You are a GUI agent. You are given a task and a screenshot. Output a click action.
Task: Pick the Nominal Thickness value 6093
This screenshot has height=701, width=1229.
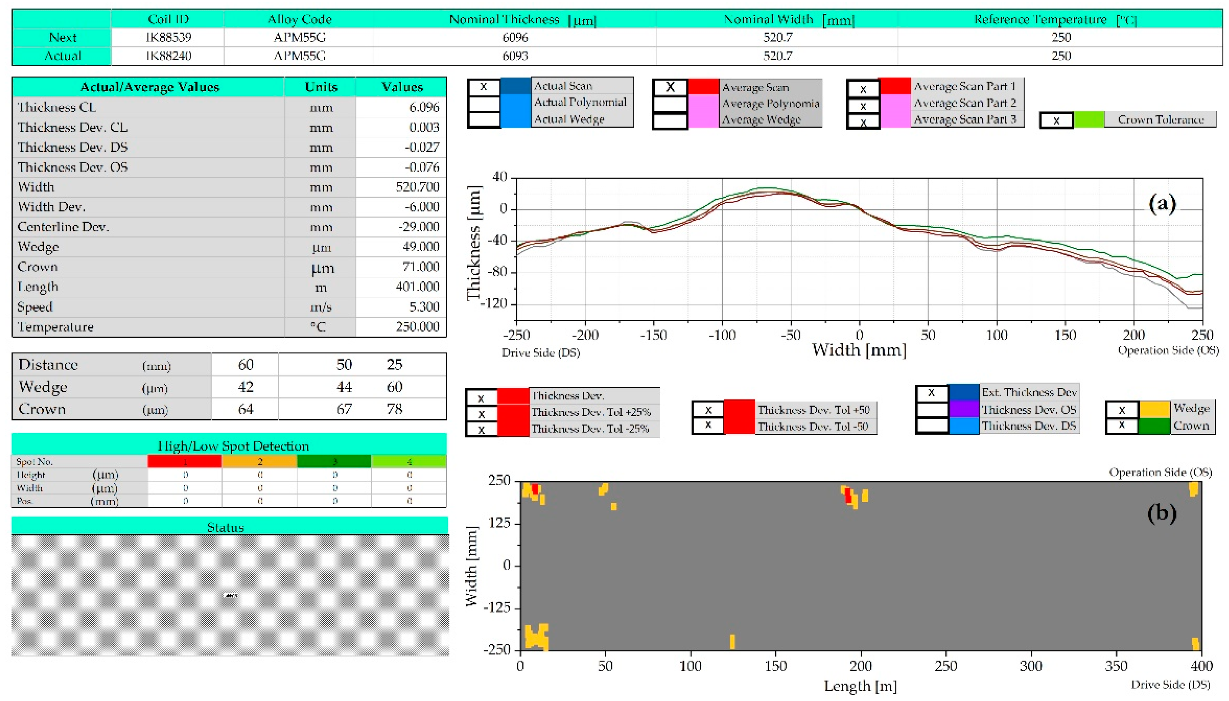pyautogui.click(x=515, y=56)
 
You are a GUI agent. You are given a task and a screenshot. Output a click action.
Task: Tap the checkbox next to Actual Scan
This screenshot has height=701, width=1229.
pyautogui.click(x=484, y=87)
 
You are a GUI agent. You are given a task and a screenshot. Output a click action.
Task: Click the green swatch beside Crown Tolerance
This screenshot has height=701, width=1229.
pyautogui.click(x=1088, y=120)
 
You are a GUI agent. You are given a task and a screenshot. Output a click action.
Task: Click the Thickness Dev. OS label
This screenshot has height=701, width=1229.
pyautogui.click(x=1029, y=410)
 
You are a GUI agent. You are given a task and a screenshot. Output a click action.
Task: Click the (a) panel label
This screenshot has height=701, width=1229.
pyautogui.click(x=1162, y=204)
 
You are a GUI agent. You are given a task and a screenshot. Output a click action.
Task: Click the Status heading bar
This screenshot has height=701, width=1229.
pyautogui.click(x=229, y=527)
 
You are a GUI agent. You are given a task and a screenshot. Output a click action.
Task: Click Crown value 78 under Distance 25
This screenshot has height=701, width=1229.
pyautogui.click(x=394, y=409)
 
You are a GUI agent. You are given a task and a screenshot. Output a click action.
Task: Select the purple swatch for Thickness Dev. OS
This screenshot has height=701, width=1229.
pyautogui.click(x=964, y=410)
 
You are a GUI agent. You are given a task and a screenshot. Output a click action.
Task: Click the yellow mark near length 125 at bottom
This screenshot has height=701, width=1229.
pyautogui.click(x=732, y=641)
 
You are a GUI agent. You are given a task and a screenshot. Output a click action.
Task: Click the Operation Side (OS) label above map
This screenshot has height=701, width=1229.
pyautogui.click(x=1160, y=472)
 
